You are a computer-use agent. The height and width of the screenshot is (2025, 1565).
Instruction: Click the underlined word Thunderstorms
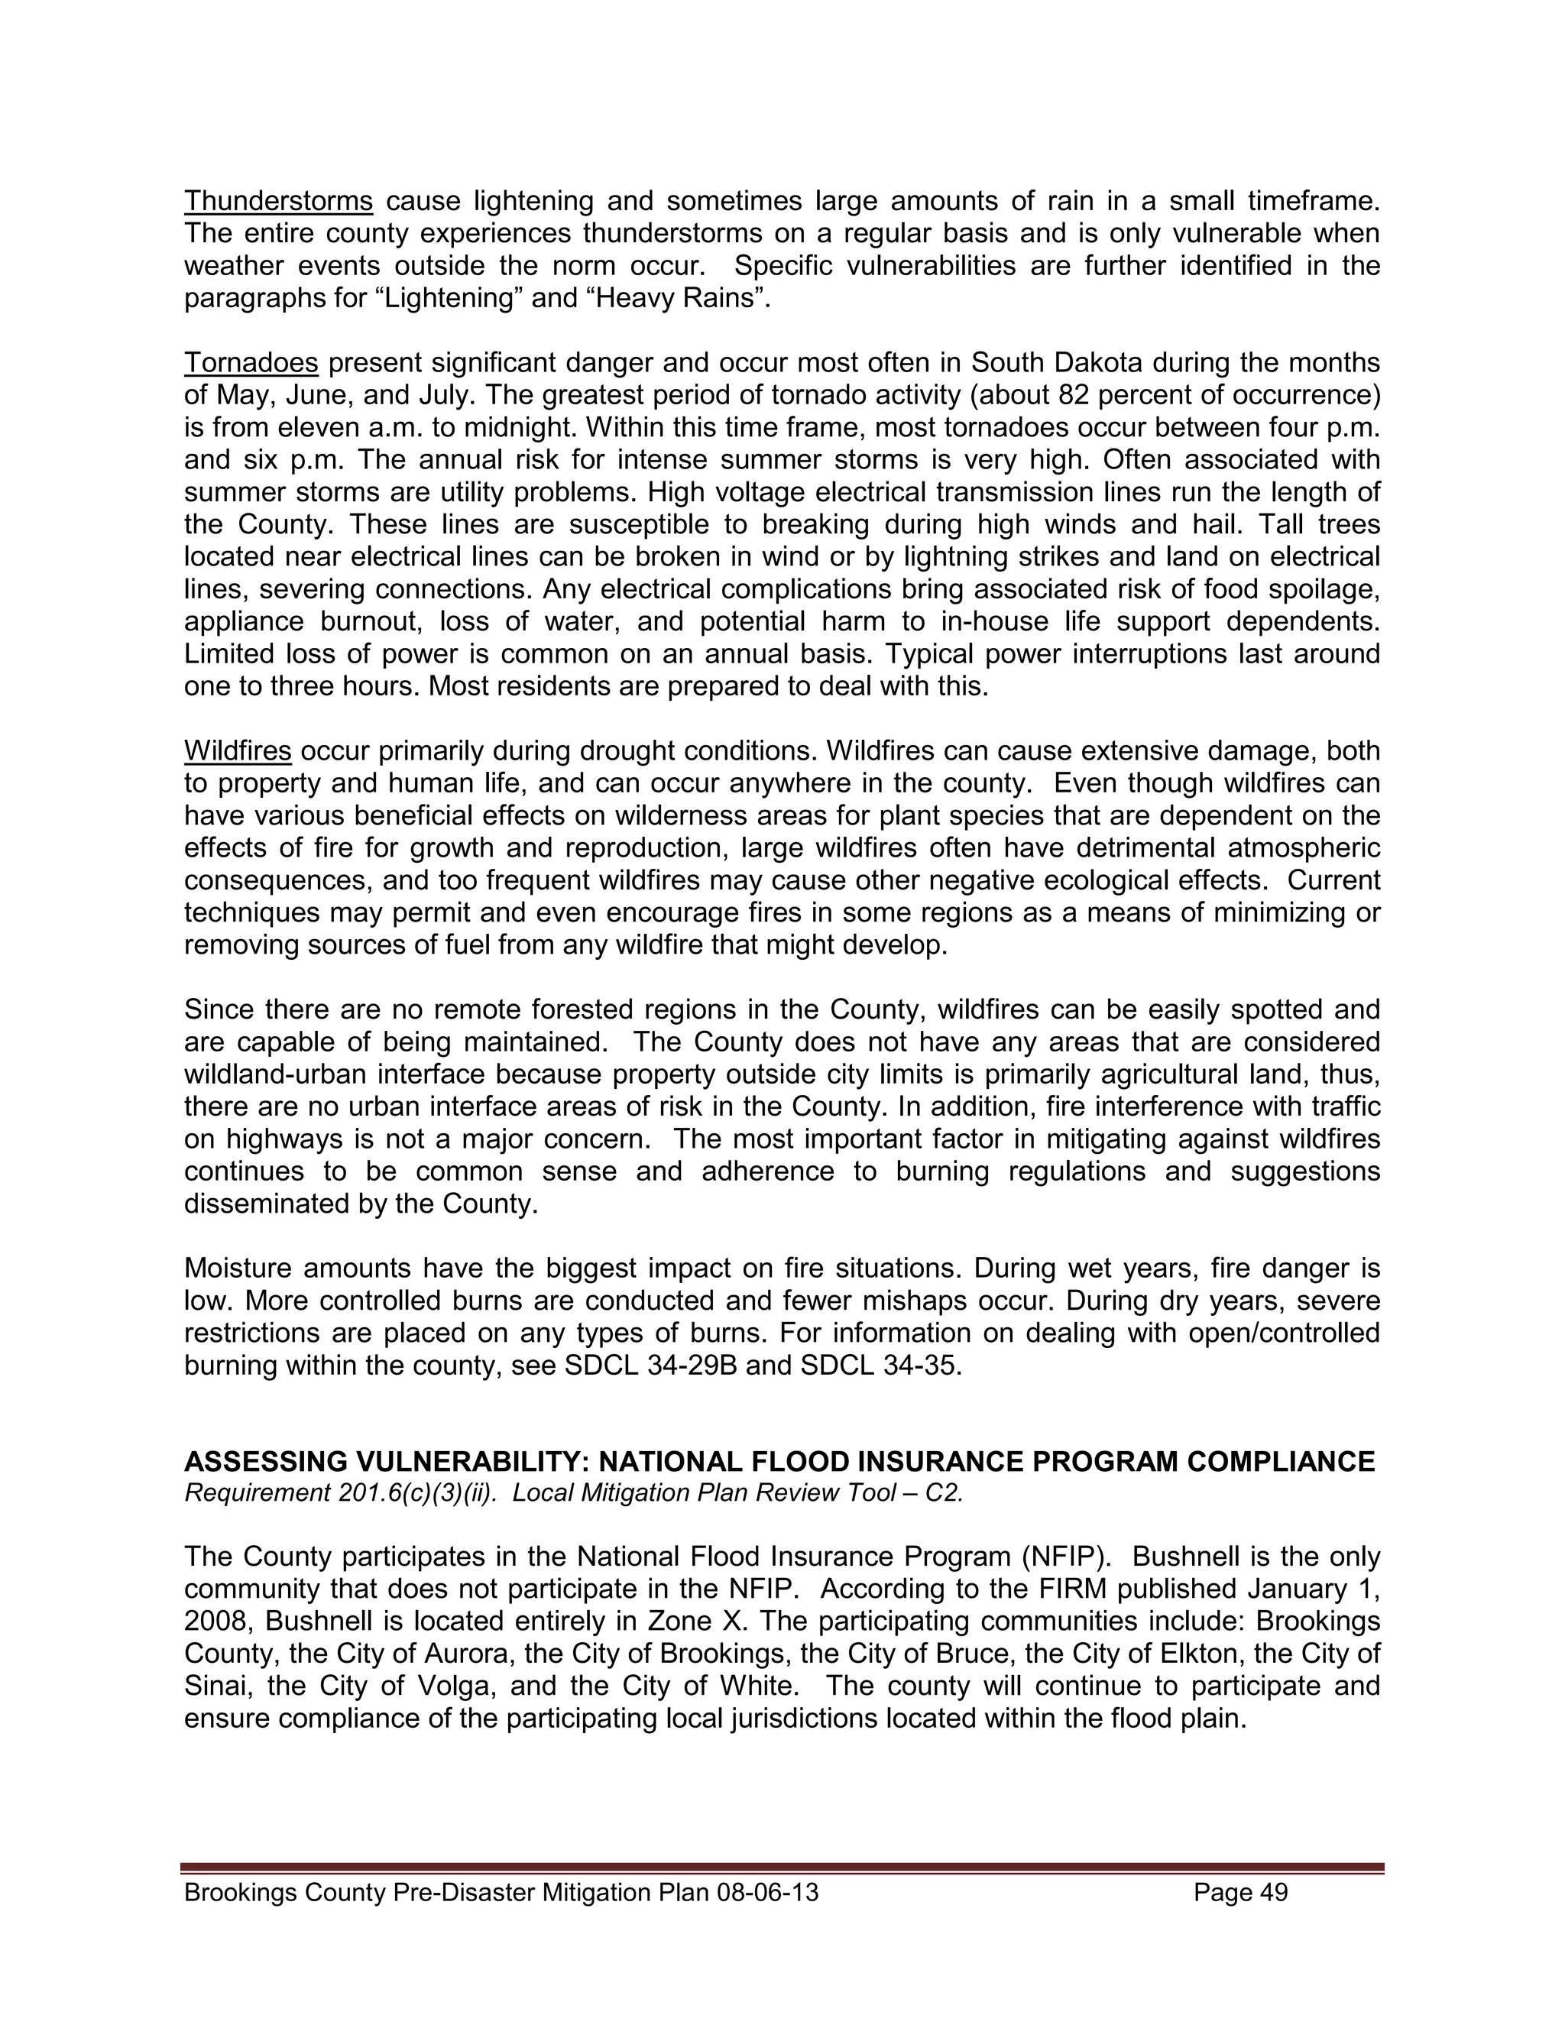[278, 201]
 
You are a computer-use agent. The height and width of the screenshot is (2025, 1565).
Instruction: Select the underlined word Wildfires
[238, 751]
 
